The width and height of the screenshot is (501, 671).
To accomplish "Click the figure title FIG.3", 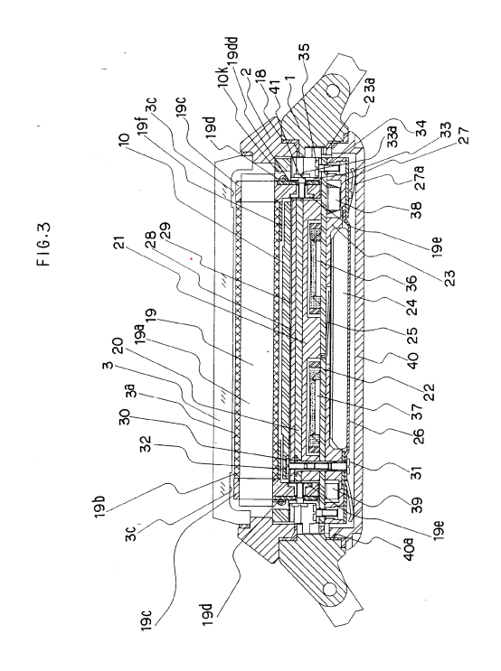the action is coord(43,243).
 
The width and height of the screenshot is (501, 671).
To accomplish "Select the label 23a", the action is coord(370,90).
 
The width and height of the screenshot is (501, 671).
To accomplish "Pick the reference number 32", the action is coord(146,446).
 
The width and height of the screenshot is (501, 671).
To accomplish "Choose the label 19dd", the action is coord(235,50).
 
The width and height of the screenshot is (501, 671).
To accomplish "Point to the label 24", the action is coord(412,307).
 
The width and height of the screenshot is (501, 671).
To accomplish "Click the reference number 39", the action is coord(416,504).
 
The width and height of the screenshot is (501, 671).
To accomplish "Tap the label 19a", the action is coord(141,334).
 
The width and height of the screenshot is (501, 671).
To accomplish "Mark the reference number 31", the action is coord(416,471).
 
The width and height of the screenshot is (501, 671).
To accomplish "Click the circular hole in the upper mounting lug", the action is coord(334,90).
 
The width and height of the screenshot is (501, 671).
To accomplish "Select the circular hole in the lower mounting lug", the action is coord(330,589).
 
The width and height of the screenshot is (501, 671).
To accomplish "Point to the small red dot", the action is coord(192,258).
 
